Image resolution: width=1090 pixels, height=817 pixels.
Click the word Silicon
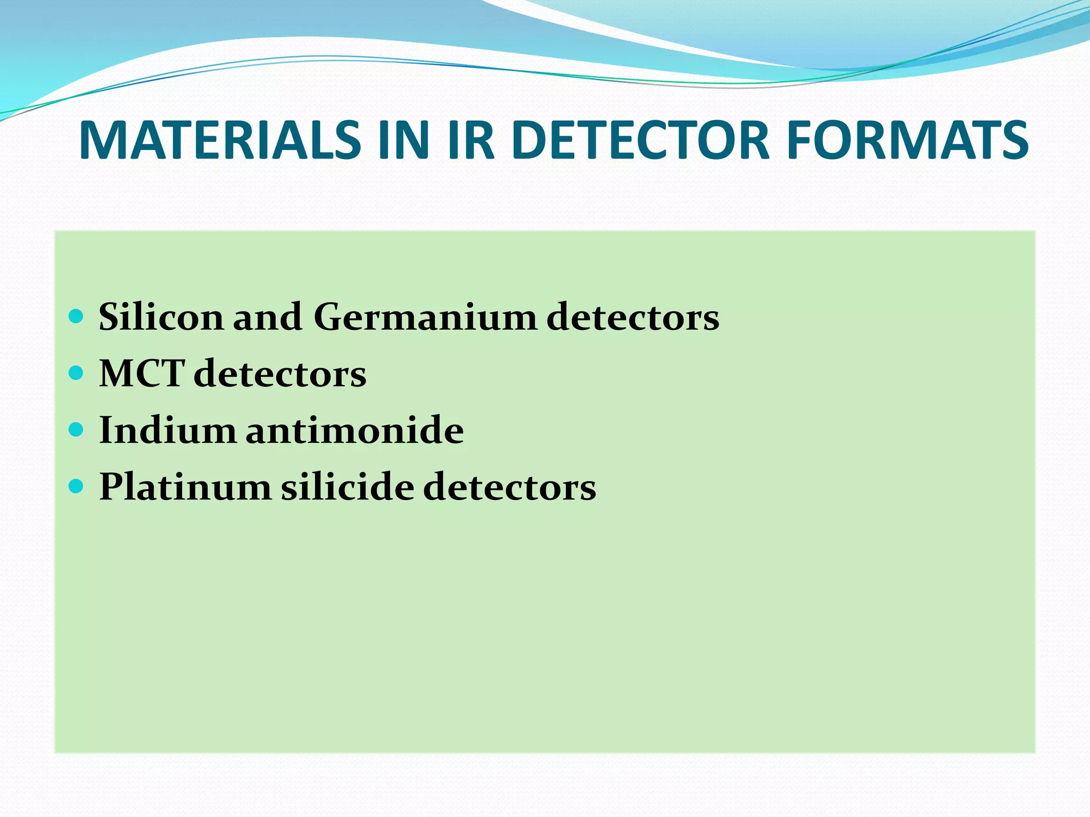pyautogui.click(x=161, y=317)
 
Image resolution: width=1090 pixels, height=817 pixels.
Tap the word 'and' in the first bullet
pyautogui.click(x=267, y=317)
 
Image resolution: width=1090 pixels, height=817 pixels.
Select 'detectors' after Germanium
pyautogui.click(x=633, y=317)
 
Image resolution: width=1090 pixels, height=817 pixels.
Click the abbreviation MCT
pyautogui.click(x=142, y=373)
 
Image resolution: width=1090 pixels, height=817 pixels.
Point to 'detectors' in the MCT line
pyautogui.click(x=280, y=373)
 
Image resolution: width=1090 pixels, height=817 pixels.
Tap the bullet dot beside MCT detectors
pyautogui.click(x=77, y=373)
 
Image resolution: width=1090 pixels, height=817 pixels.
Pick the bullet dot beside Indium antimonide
pyautogui.click(x=77, y=429)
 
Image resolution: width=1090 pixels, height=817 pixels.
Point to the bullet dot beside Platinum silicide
pyautogui.click(x=77, y=486)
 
